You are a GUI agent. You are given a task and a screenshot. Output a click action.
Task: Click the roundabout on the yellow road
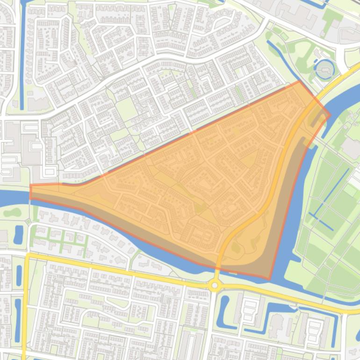coord(215,285)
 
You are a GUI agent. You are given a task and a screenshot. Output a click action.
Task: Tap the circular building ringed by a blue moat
coord(324,70)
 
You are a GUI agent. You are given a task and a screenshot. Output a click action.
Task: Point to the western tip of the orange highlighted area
coord(31,192)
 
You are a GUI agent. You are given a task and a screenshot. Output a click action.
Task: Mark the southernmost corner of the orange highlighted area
coord(269,280)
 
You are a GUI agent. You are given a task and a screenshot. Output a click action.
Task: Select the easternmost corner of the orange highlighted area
coord(330,115)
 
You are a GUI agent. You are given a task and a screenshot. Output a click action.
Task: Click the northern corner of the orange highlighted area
coord(299,81)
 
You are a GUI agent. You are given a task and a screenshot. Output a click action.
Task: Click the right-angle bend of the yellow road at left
coord(28,256)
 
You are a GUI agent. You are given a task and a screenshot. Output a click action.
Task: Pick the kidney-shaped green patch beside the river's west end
coord(12,212)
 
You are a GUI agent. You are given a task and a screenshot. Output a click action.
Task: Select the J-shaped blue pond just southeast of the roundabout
coord(223,309)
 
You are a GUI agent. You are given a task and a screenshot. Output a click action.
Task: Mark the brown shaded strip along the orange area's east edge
coord(285,206)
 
